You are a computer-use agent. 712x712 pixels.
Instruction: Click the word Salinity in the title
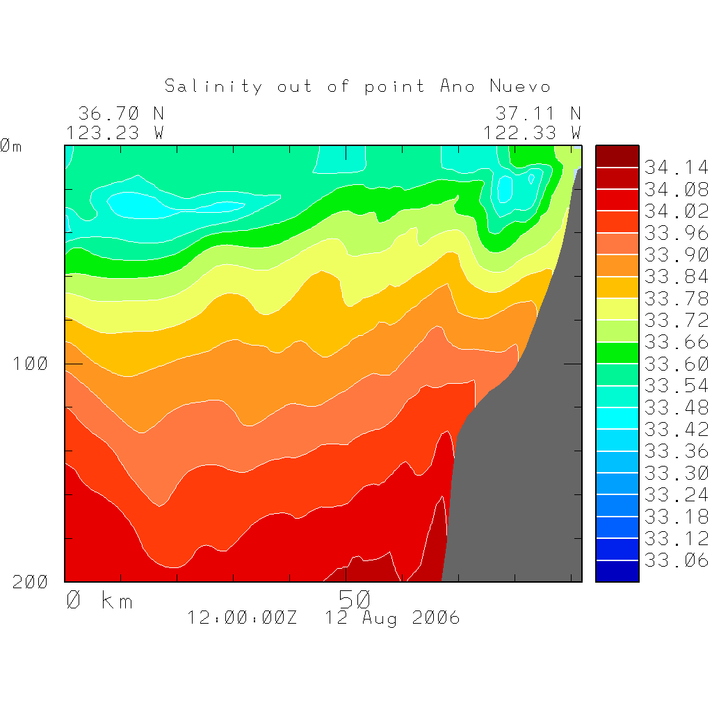click(213, 86)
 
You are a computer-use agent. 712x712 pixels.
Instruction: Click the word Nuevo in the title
click(520, 86)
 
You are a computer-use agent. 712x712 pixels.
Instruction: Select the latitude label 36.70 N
click(121, 113)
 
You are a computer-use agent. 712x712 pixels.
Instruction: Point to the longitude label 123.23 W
click(115, 132)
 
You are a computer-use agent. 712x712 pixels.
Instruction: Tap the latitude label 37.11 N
click(538, 113)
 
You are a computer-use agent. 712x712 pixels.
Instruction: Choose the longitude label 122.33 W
click(532, 132)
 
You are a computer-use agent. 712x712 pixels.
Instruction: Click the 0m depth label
click(11, 146)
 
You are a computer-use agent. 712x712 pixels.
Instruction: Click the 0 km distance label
click(99, 600)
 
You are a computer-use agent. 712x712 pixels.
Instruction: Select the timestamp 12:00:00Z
click(242, 617)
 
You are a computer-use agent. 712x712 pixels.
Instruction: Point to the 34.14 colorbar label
click(676, 168)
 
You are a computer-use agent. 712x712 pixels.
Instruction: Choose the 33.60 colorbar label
click(676, 364)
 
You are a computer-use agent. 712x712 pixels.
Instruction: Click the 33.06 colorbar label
click(676, 560)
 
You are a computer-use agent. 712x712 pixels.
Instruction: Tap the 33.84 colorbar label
click(676, 276)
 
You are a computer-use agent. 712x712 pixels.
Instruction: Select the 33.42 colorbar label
click(676, 429)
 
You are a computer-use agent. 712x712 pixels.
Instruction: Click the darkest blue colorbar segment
click(617, 571)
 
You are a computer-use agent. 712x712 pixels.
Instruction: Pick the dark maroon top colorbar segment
click(617, 156)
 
